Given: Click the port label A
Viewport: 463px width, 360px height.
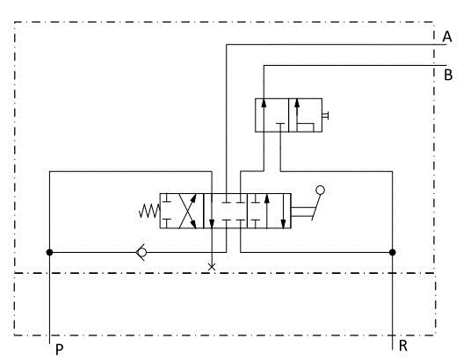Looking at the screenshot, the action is (447, 37).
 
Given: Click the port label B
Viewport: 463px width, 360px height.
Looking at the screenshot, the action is (448, 75).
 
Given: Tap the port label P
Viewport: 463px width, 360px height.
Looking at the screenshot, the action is (60, 350).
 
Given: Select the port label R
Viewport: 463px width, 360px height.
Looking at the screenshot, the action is (403, 346).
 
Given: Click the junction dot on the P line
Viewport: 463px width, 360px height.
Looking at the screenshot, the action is (49, 252).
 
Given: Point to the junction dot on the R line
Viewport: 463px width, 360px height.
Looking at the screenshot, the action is (393, 252).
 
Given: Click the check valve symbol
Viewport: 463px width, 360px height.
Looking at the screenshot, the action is (141, 252).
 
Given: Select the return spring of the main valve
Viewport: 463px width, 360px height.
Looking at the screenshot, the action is (149, 211).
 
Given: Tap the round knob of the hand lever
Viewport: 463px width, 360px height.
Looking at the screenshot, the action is (320, 191).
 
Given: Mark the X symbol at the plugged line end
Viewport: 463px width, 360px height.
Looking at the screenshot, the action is (212, 267).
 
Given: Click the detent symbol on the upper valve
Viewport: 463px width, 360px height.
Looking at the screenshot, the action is (325, 115).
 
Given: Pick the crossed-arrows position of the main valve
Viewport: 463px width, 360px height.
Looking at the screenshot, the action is (182, 211).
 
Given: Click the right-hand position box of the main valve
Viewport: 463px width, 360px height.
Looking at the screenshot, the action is (269, 211).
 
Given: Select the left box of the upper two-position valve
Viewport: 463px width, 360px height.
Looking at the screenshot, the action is (272, 115).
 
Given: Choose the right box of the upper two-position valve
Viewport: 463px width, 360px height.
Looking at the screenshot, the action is (306, 115).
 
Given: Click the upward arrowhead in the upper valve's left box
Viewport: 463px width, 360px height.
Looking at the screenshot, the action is (264, 103).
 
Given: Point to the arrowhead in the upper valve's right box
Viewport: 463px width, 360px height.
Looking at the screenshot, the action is (297, 103).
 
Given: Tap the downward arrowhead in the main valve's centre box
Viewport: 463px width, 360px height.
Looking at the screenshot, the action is (212, 224).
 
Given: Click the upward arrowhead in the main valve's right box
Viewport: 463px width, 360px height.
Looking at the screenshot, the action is (267, 198).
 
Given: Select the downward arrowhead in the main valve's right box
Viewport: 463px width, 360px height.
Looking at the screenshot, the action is (283, 224).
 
